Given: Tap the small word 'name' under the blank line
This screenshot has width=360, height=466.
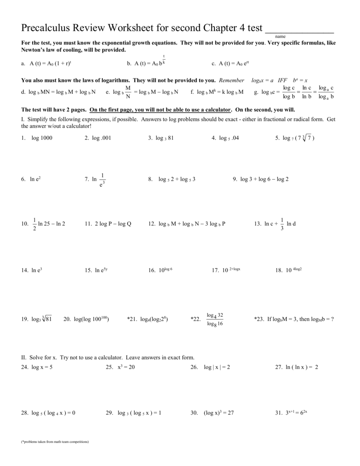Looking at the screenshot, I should click(280, 37).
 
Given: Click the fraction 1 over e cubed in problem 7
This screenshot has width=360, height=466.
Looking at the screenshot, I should click(103, 180).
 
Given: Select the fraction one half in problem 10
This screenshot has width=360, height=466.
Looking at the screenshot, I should click(34, 224).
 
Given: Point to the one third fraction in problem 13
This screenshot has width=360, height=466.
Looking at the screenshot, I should click(282, 224).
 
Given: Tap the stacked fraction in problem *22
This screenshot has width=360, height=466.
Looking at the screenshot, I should click(214, 319).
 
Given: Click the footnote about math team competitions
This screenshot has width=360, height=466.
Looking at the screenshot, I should click(55, 442).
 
